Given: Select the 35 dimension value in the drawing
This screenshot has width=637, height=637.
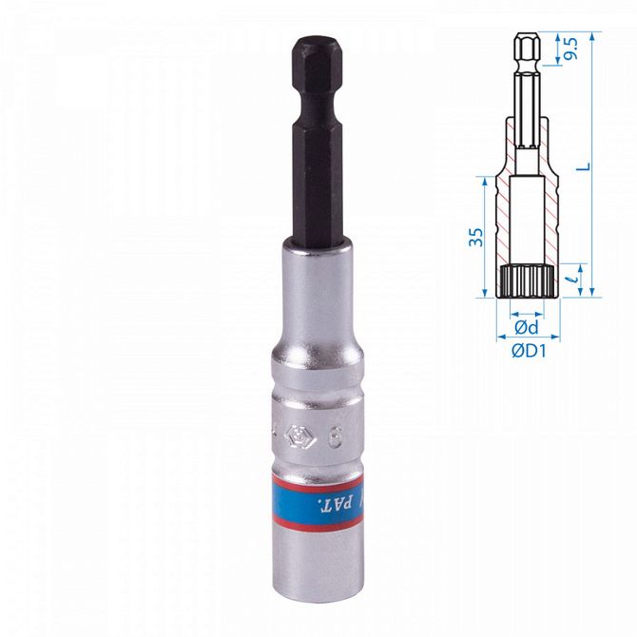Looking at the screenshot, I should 478,236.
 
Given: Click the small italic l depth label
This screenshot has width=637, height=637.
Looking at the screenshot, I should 573,280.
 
